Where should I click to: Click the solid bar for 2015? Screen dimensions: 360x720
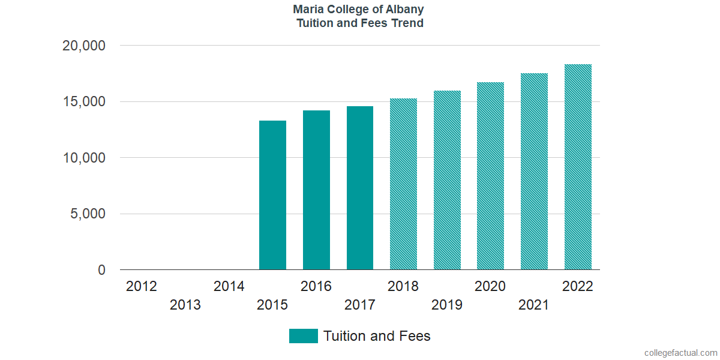pos(272,195)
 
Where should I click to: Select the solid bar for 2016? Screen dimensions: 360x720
pos(316,190)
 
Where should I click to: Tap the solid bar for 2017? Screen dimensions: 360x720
pos(360,188)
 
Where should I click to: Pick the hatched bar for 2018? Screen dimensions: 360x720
pos(403,184)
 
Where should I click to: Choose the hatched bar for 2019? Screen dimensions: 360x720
pos(447,180)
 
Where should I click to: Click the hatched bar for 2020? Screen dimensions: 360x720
pos(490,176)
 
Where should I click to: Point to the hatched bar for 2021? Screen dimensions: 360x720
pos(534,172)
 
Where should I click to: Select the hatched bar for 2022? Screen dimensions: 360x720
pos(578,167)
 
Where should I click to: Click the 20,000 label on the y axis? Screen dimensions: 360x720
pos(84,46)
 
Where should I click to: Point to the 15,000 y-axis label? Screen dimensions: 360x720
pos(84,102)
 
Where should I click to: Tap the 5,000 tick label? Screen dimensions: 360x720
pos(88,214)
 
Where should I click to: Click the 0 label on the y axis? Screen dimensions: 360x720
pos(101,271)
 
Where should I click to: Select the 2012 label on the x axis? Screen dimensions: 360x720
pos(142,286)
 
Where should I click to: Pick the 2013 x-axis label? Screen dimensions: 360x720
pos(185,305)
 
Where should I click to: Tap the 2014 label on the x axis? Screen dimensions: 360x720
pos(229,286)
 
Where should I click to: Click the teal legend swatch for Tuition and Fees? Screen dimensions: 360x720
pos(303,336)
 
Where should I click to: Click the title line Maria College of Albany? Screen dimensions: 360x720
pos(359,10)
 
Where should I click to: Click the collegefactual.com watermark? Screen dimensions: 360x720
pos(680,353)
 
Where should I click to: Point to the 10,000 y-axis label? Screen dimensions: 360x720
pos(84,158)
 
